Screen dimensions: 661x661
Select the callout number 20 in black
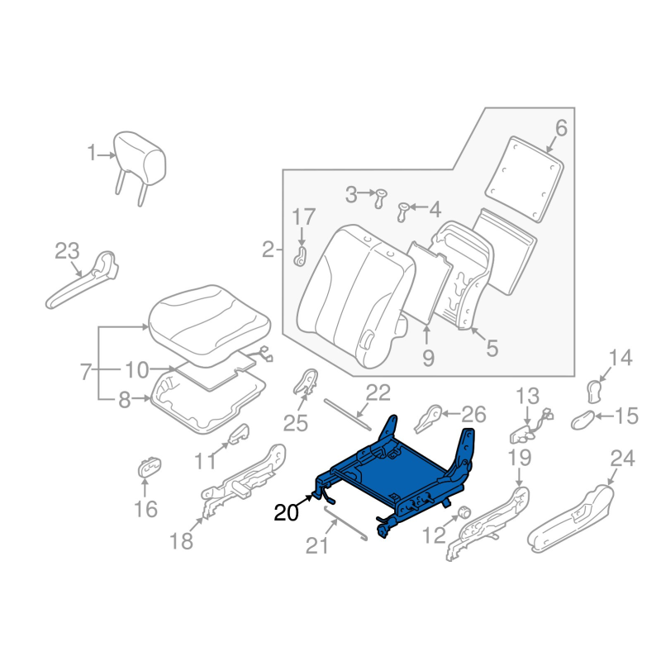pyautogui.click(x=287, y=512)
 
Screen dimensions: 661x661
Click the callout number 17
pyautogui.click(x=303, y=218)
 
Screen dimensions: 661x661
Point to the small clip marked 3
pyautogui.click(x=381, y=197)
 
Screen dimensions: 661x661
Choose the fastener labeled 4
pyautogui.click(x=405, y=210)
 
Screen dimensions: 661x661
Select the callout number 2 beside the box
pyautogui.click(x=268, y=249)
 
